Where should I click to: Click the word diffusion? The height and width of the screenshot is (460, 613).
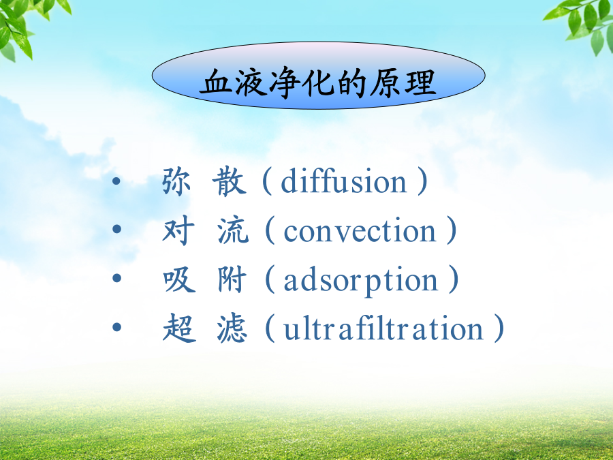click(x=344, y=181)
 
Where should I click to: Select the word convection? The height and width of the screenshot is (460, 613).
click(x=360, y=230)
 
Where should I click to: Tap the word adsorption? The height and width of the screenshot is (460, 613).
click(x=360, y=279)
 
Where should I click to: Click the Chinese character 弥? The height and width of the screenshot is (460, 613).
click(x=176, y=181)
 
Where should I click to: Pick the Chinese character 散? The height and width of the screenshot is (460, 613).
click(x=230, y=181)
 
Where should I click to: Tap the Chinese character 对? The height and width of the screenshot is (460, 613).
click(x=178, y=230)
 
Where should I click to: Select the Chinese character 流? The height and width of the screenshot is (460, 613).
click(x=233, y=230)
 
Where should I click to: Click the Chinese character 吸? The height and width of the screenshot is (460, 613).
click(x=179, y=279)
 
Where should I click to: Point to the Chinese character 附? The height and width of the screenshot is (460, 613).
click(x=232, y=279)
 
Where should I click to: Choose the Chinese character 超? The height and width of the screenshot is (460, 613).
click(x=179, y=328)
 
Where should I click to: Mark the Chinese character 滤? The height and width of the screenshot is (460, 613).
click(x=232, y=328)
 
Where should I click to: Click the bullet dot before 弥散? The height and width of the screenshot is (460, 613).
click(x=116, y=181)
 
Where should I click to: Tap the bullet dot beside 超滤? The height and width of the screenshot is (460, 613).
click(x=116, y=326)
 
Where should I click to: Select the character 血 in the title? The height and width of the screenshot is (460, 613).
click(x=216, y=82)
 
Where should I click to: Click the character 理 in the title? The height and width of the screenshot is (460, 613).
click(x=420, y=82)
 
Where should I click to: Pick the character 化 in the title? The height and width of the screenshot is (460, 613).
click(x=319, y=82)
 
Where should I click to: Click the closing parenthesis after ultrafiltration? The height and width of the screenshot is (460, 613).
click(x=499, y=328)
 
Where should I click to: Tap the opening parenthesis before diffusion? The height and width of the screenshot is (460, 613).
click(x=266, y=181)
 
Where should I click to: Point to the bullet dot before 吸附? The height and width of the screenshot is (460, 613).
click(x=116, y=278)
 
